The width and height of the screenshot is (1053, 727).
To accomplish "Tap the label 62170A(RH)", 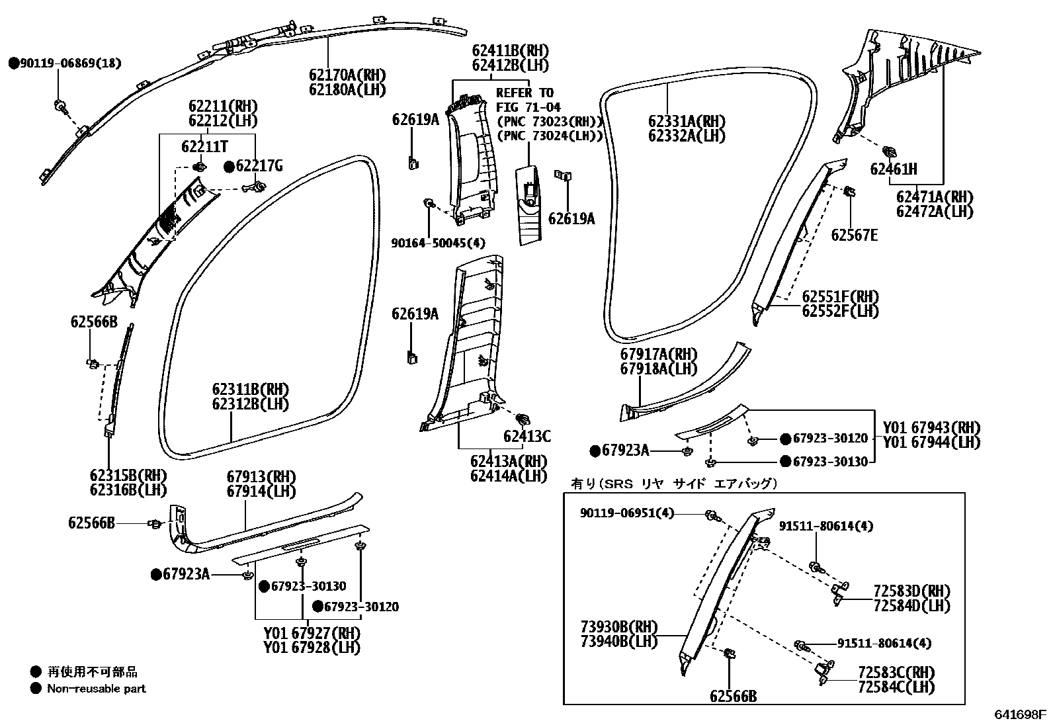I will (x=347, y=75).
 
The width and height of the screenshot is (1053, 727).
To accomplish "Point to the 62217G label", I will (x=259, y=166).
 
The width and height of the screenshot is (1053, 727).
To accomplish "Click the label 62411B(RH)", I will (x=510, y=50).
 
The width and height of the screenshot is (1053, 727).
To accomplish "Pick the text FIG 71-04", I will (x=528, y=107).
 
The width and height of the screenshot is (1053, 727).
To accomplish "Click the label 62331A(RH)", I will (x=687, y=122).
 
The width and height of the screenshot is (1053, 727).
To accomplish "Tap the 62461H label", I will (x=894, y=169).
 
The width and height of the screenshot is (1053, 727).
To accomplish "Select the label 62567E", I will (x=854, y=235).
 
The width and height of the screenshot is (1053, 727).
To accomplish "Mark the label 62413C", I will (x=526, y=436).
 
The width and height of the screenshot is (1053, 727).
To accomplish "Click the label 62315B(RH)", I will (x=128, y=476).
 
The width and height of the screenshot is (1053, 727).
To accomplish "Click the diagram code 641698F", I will (x=1021, y=715).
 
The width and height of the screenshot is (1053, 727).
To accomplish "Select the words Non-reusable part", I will (x=96, y=689).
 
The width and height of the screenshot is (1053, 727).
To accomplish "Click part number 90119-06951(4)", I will (x=627, y=513).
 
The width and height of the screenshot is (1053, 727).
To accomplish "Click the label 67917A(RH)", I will (x=658, y=355).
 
